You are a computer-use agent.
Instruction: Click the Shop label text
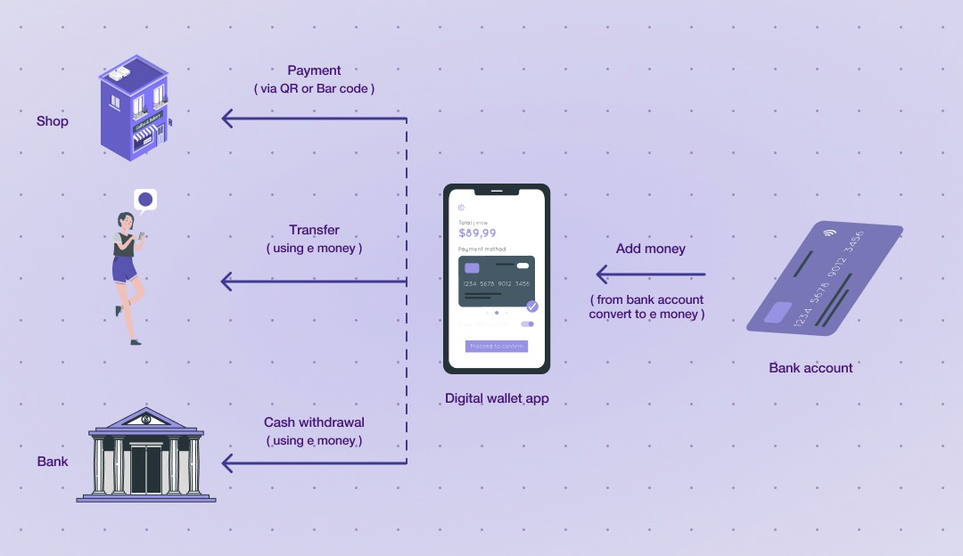click(x=52, y=121)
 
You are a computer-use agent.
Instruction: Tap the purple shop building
click(x=133, y=107)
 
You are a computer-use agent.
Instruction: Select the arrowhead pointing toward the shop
click(x=228, y=118)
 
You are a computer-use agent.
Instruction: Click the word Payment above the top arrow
click(x=314, y=70)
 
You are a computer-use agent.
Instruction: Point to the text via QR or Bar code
click(x=314, y=88)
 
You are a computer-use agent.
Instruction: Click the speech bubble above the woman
click(x=145, y=199)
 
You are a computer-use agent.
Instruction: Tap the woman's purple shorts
click(x=124, y=267)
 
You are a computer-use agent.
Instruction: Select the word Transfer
click(x=314, y=230)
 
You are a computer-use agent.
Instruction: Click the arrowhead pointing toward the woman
click(x=227, y=282)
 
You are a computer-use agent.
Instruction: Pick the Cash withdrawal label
click(x=314, y=422)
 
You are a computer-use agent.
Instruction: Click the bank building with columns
click(x=146, y=455)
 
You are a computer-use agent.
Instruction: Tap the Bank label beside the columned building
click(x=53, y=462)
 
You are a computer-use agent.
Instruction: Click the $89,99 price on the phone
click(x=477, y=233)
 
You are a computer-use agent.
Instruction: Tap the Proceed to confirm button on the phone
click(x=496, y=346)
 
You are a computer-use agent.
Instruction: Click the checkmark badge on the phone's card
click(x=532, y=306)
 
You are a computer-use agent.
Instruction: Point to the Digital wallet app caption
click(x=497, y=398)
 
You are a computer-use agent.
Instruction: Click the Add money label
click(x=651, y=249)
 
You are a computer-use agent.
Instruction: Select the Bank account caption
click(x=811, y=367)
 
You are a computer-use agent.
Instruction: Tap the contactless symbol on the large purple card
click(x=830, y=233)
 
